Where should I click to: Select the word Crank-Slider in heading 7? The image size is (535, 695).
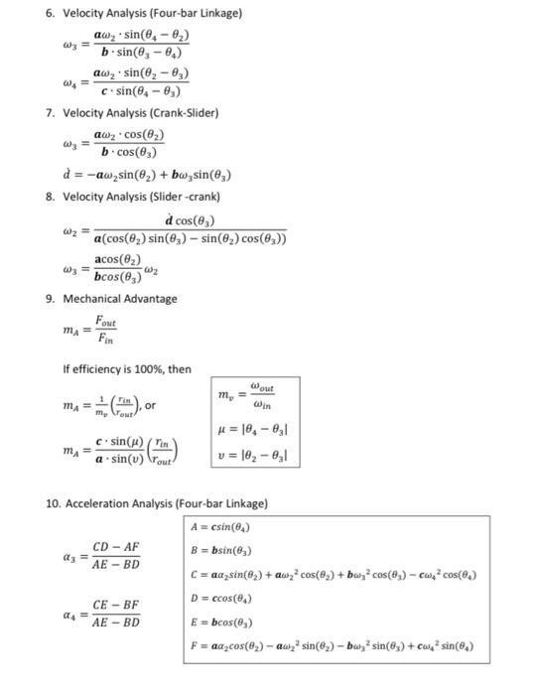184,113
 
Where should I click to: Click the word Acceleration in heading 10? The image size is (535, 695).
99,503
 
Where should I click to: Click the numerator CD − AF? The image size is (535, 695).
116,547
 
